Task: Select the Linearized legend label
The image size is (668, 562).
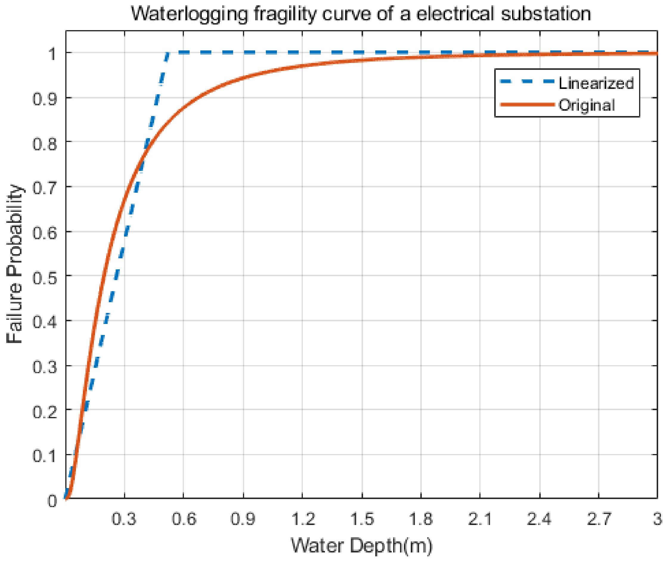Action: point(596,83)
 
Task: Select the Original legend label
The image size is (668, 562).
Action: point(587,105)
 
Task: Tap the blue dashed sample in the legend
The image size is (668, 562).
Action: point(527,81)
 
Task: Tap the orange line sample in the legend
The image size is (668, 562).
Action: point(527,104)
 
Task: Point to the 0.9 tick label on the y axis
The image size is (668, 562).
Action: point(45,99)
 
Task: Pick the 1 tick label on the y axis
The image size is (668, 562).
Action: point(52,53)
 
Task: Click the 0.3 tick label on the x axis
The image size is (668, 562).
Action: point(124,519)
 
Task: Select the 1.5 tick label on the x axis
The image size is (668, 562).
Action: point(362,519)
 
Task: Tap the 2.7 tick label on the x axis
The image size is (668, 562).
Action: point(599,519)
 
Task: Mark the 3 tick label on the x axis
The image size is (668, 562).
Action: point(658,519)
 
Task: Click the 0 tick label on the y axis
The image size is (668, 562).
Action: point(52,501)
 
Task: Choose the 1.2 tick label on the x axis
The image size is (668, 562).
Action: point(303,519)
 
